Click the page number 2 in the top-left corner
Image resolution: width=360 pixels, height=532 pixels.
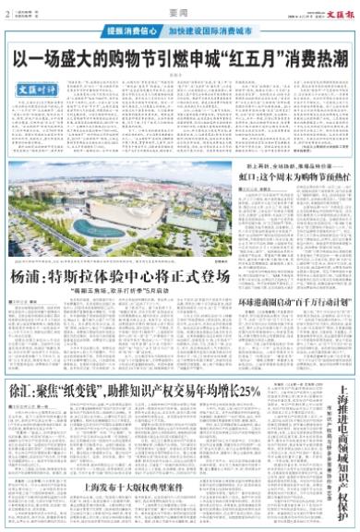click(6, 13)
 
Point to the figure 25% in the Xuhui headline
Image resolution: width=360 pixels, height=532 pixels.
click(251, 366)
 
